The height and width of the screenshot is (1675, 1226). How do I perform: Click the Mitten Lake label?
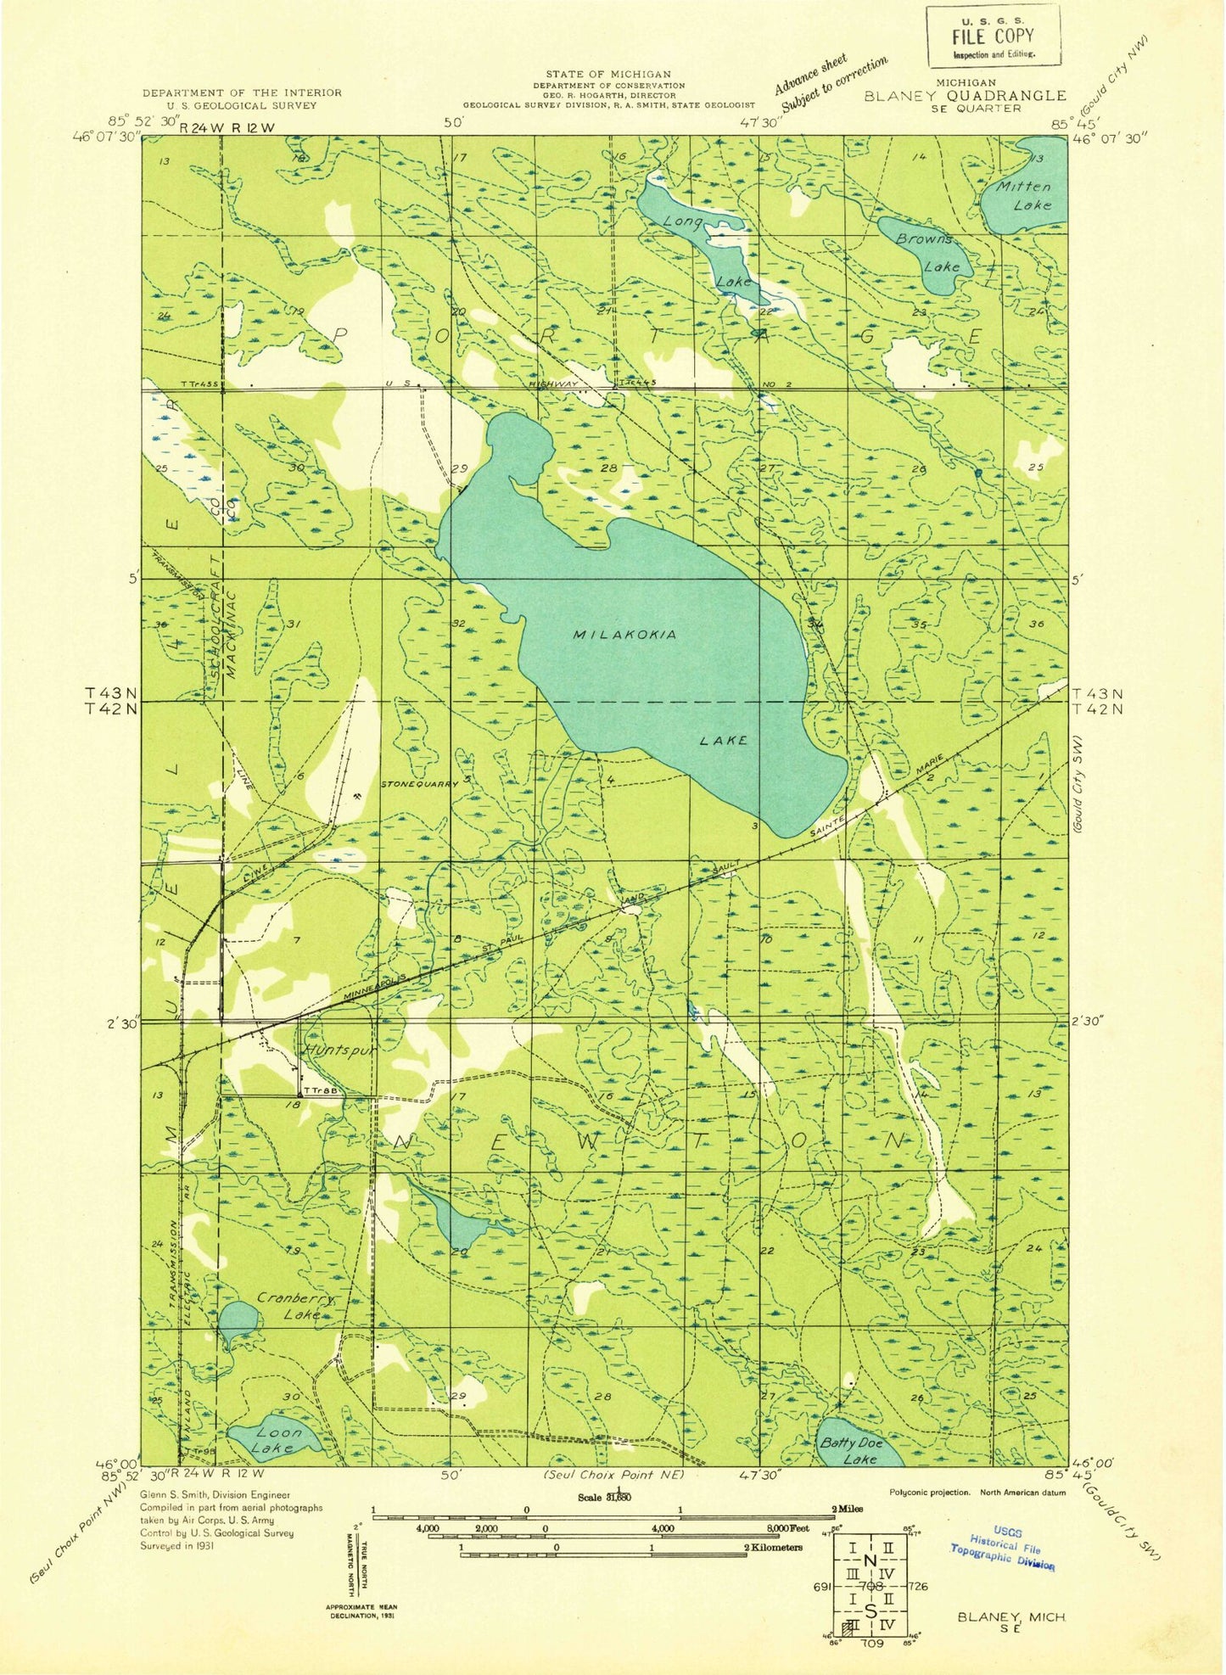pyautogui.click(x=1024, y=195)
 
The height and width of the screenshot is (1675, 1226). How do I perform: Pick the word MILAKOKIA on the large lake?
pyautogui.click(x=624, y=635)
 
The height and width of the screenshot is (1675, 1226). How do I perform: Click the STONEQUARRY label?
pyautogui.click(x=419, y=783)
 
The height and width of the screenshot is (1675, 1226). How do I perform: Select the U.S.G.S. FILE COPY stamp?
pyautogui.click(x=992, y=36)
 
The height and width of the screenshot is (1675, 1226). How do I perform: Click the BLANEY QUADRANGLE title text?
pyautogui.click(x=965, y=96)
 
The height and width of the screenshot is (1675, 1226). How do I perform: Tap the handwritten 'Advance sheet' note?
pyautogui.click(x=809, y=74)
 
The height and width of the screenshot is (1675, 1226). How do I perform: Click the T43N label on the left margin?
pyautogui.click(x=117, y=692)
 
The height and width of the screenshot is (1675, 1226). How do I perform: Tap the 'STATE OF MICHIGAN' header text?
pyautogui.click(x=607, y=75)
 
